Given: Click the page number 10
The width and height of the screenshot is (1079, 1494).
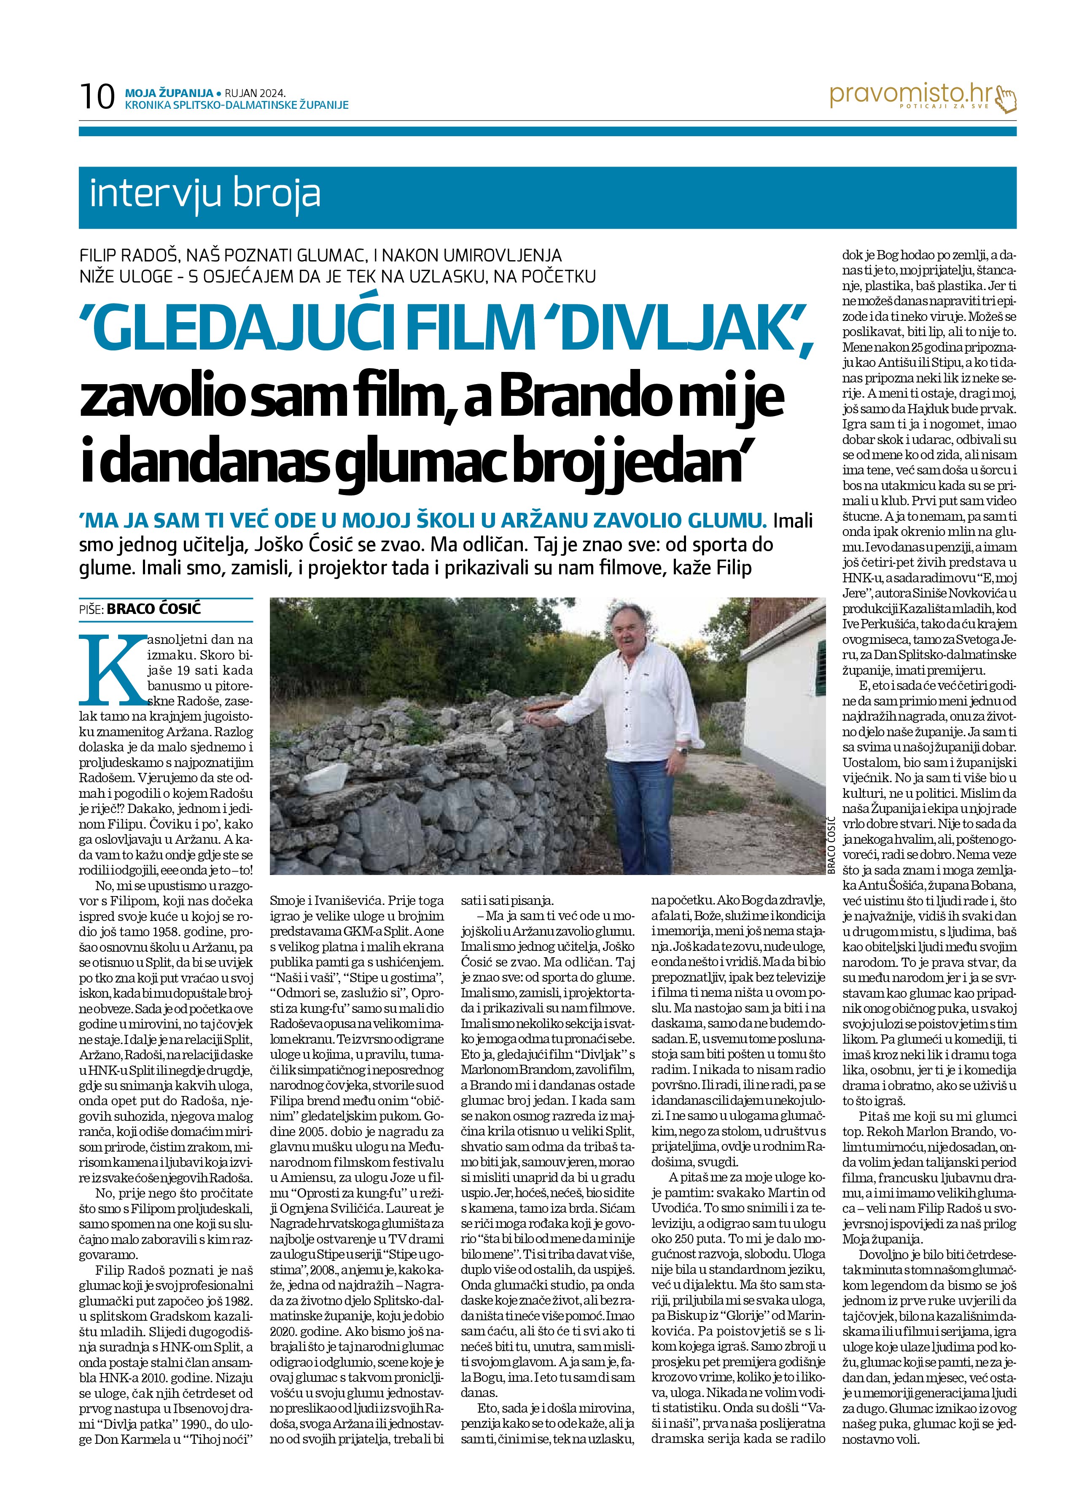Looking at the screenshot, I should point(96,97).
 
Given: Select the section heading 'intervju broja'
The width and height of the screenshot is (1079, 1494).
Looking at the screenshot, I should point(205,194).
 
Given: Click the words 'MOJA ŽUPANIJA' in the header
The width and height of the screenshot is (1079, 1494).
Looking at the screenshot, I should point(169,92).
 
